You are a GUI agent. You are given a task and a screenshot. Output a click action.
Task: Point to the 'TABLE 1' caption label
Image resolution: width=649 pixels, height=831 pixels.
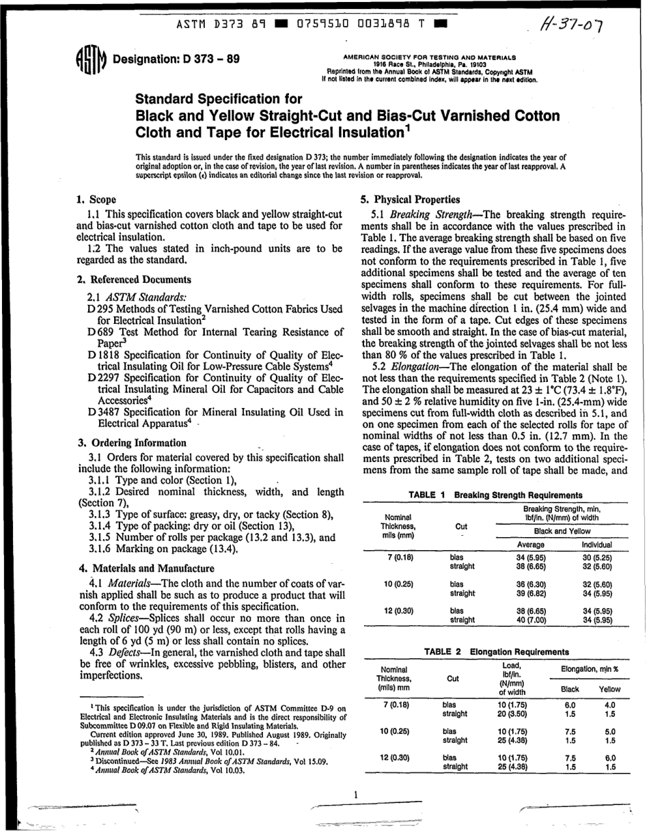click(426, 495)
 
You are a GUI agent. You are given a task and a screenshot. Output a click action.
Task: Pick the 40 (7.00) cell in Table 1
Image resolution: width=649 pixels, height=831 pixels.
click(530, 620)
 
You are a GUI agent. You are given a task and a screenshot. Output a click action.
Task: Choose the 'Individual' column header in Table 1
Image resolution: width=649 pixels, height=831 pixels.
click(596, 545)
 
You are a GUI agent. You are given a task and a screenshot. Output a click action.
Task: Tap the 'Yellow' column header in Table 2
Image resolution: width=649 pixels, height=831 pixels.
click(609, 690)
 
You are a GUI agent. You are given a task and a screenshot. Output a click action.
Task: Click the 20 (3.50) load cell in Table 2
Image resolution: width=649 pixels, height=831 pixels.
click(512, 713)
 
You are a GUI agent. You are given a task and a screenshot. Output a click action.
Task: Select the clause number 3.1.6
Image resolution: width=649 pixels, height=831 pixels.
click(102, 548)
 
